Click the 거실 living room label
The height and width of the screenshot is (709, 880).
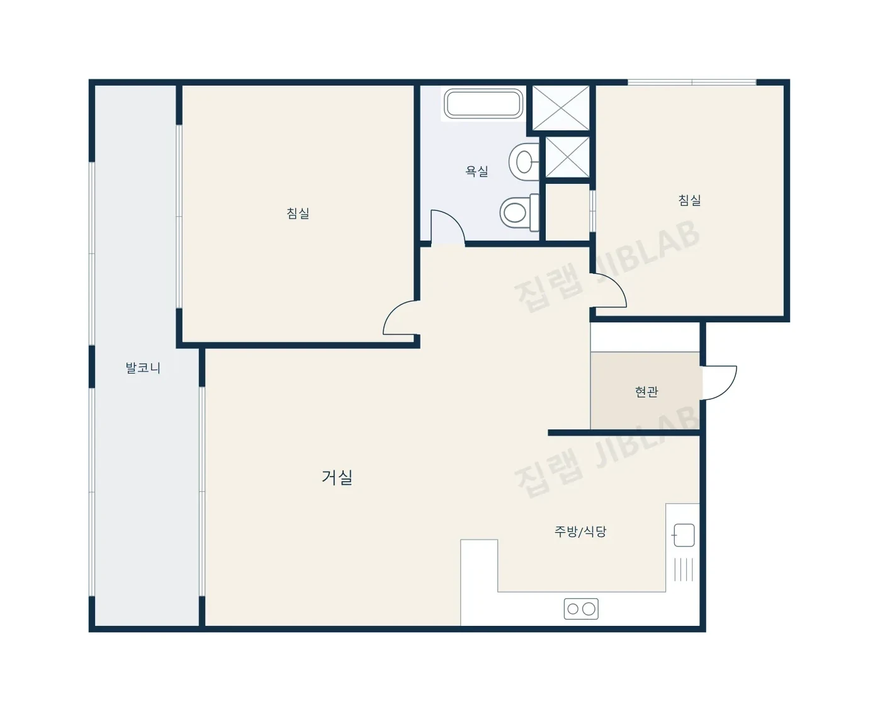pyautogui.click(x=337, y=477)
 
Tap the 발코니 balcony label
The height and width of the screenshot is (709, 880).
pyautogui.click(x=143, y=368)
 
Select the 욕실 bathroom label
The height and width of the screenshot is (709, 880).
pyautogui.click(x=477, y=171)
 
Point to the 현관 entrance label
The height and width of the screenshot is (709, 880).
pyautogui.click(x=646, y=392)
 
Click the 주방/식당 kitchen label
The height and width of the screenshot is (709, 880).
pyautogui.click(x=580, y=531)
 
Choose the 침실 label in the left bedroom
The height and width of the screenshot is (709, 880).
pyautogui.click(x=298, y=213)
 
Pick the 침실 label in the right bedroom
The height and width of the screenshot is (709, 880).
pyautogui.click(x=689, y=200)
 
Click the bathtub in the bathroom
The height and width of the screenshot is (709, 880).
pyautogui.click(x=483, y=104)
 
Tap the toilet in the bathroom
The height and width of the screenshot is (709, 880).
pyautogui.click(x=519, y=212)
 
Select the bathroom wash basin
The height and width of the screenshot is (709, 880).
pyautogui.click(x=524, y=162)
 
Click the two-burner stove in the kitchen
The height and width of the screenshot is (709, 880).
pyautogui.click(x=581, y=609)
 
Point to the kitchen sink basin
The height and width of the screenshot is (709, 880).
pyautogui.click(x=684, y=535)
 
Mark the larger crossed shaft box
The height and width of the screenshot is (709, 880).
pyautogui.click(x=561, y=108)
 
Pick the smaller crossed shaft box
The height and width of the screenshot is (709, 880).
pyautogui.click(x=568, y=157)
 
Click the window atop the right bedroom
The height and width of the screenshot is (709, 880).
pyautogui.click(x=692, y=82)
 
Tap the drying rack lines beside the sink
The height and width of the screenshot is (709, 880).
pyautogui.click(x=684, y=570)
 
